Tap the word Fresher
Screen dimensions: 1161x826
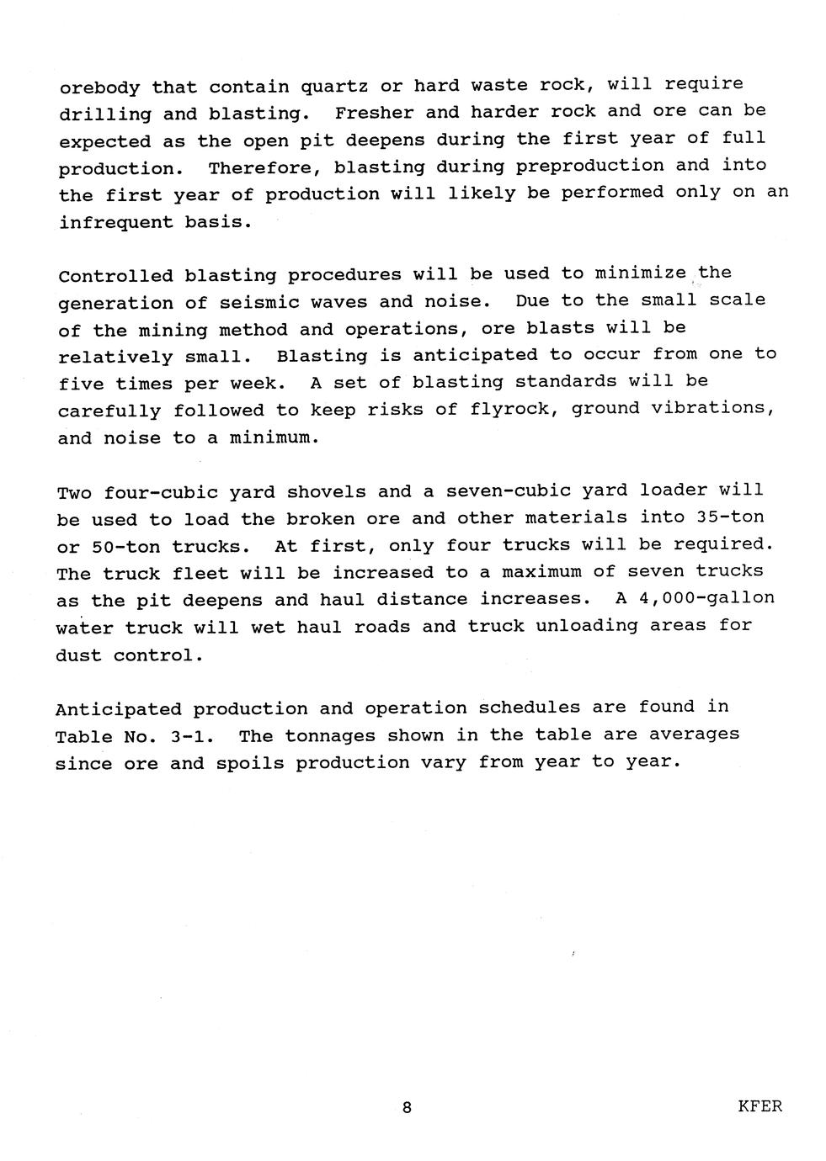[368, 113]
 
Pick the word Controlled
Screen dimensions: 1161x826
[115, 275]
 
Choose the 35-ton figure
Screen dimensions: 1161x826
[730, 517]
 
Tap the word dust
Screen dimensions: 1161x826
[78, 655]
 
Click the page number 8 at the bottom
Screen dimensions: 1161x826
[407, 1108]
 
